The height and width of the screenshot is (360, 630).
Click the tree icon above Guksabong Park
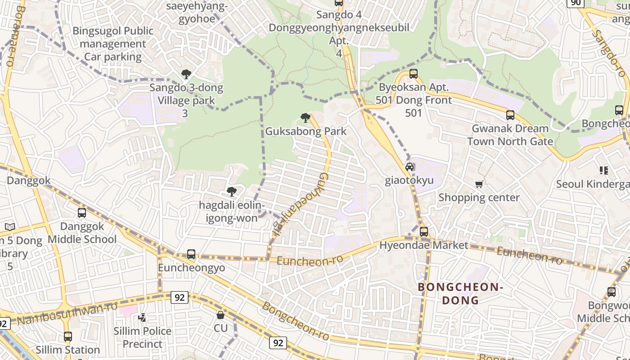(306, 118)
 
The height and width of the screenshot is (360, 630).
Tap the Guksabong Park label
(306, 131)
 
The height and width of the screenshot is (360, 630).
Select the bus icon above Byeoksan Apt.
(414, 74)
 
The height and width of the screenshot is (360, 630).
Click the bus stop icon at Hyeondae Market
(424, 232)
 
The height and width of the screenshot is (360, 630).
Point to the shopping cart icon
(479, 184)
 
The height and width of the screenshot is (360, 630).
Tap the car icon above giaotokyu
(409, 167)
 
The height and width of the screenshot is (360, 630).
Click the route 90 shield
(576, 3)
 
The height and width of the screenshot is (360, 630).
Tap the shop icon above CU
(220, 315)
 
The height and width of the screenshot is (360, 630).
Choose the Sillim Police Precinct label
(143, 337)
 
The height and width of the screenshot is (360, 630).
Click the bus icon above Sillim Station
(68, 336)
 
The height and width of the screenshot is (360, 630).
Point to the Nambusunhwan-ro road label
(67, 313)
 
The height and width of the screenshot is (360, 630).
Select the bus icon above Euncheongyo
(191, 254)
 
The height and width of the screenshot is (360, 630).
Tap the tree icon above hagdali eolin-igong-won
(232, 192)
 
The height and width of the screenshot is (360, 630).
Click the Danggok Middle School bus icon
(82, 213)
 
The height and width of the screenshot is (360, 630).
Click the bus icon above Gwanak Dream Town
(510, 115)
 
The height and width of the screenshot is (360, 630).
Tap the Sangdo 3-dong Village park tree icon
(186, 74)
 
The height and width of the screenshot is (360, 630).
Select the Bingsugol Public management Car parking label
(113, 44)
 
